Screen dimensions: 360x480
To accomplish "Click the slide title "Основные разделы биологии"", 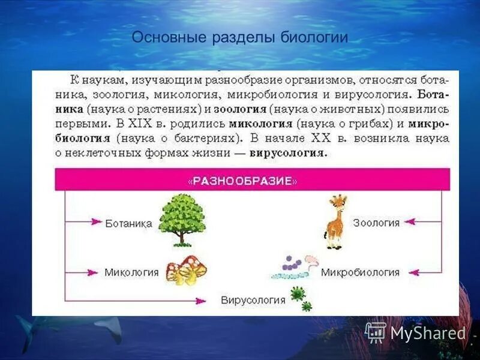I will point(240,37).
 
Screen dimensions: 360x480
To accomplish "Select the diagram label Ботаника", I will point(128,224).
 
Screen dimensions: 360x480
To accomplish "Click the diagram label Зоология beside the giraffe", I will point(376,223).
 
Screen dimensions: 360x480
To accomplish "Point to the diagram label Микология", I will point(131,272).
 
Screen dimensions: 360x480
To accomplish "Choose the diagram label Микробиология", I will point(360,272).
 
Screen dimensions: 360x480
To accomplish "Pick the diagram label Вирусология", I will point(253,299).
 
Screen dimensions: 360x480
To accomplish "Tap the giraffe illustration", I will point(336,221).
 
